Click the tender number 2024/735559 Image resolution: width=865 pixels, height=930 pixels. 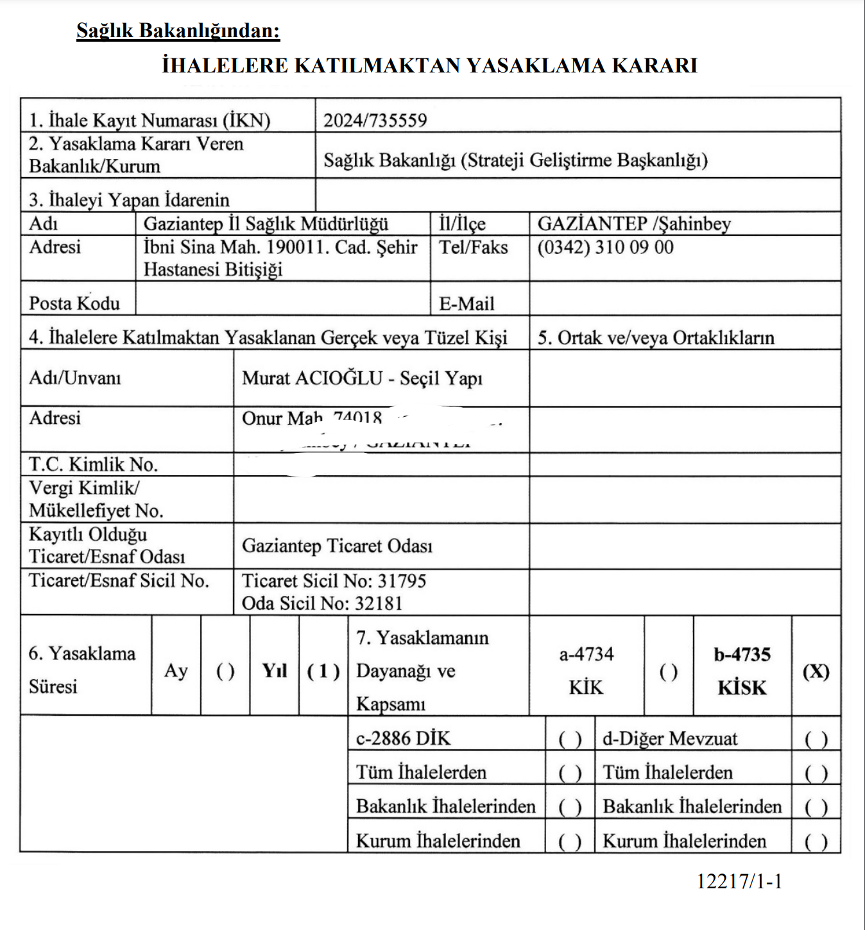pyautogui.click(x=375, y=120)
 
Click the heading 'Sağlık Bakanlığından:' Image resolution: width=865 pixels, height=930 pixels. pyautogui.click(x=178, y=30)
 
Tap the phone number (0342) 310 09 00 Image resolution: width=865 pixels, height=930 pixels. pyautogui.click(x=605, y=248)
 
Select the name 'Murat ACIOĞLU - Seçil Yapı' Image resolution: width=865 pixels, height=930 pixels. pyautogui.click(x=362, y=378)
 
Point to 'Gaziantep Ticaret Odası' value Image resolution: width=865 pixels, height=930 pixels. pyautogui.click(x=337, y=546)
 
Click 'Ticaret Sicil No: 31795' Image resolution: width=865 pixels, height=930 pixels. pyautogui.click(x=334, y=580)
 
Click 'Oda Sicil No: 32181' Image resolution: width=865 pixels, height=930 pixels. pyautogui.click(x=322, y=604)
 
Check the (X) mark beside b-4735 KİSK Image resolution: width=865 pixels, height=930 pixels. pyautogui.click(x=816, y=671)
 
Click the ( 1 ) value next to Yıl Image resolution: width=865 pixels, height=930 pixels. pyautogui.click(x=323, y=671)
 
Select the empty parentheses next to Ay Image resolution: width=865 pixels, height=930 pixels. pyautogui.click(x=225, y=671)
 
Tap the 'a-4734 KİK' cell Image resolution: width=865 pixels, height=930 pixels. pyautogui.click(x=586, y=670)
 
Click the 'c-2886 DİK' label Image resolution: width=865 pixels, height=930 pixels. pyautogui.click(x=403, y=738)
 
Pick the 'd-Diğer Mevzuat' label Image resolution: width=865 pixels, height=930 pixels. pyautogui.click(x=669, y=739)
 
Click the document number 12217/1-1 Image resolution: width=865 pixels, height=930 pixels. pyautogui.click(x=739, y=881)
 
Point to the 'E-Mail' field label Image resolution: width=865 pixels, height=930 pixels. pyautogui.click(x=467, y=303)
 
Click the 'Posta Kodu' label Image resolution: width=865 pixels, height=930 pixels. pyautogui.click(x=74, y=303)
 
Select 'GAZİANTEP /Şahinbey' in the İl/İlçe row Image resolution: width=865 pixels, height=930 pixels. pyautogui.click(x=633, y=224)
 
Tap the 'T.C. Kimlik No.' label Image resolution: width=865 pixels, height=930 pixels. pyautogui.click(x=93, y=464)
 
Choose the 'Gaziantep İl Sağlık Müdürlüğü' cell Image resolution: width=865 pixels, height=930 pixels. pyautogui.click(x=266, y=224)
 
